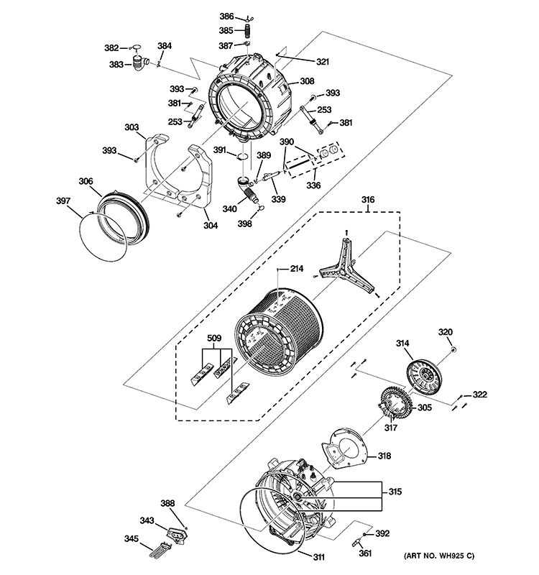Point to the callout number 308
307,81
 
